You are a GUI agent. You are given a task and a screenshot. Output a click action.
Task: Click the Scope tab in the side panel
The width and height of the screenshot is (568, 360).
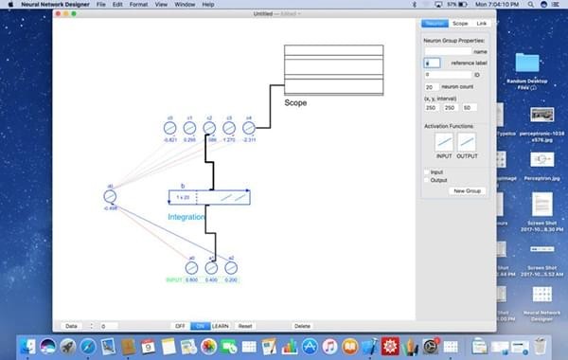tap(460, 23)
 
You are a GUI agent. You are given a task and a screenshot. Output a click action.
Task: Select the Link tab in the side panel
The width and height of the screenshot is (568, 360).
tap(482, 23)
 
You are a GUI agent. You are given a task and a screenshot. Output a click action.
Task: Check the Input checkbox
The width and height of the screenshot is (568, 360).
tap(426, 171)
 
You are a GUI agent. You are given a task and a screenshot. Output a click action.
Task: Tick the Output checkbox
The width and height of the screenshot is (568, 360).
tap(426, 179)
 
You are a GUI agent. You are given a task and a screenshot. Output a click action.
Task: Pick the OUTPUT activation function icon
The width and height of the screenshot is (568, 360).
tap(467, 142)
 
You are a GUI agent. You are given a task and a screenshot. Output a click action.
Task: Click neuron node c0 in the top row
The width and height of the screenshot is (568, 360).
tap(170, 128)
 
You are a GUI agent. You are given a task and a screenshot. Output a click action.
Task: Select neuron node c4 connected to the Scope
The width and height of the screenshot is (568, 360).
tap(249, 128)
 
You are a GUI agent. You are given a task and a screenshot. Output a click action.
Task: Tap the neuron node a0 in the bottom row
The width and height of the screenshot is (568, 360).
tap(191, 268)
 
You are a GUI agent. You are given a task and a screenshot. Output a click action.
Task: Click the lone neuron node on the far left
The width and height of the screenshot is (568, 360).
tap(110, 196)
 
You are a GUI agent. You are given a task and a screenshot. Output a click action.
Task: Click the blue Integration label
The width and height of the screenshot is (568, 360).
tap(186, 217)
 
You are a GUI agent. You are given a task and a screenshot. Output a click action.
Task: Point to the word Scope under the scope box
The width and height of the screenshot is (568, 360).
tap(295, 102)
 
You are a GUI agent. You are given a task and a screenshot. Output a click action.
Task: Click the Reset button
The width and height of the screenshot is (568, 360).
tap(245, 326)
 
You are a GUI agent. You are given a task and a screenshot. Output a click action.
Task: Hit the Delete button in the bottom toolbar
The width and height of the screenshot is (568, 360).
tap(302, 326)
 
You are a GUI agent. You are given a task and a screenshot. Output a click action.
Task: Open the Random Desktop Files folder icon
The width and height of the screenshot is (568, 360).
tap(527, 64)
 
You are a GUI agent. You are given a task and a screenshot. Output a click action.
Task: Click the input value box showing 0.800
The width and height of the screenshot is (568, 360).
tap(192, 280)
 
